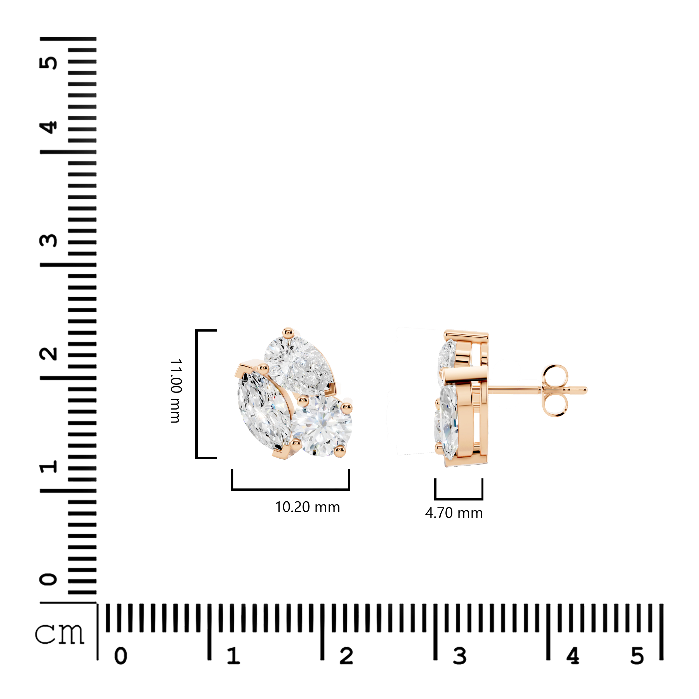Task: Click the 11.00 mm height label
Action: (176, 391)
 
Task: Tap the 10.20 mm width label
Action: (308, 507)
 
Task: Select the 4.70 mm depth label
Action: (454, 513)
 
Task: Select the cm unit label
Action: (60, 634)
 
